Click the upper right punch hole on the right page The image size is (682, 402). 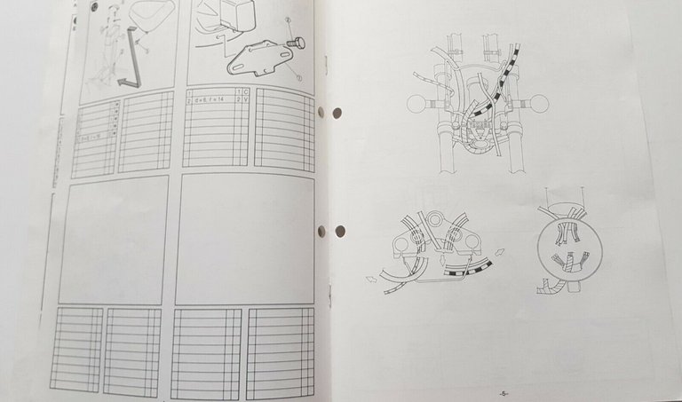click(337, 113)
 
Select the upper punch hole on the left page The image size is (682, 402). click(321, 113)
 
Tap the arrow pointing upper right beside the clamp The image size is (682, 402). click(502, 252)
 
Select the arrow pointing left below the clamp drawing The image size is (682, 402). click(370, 279)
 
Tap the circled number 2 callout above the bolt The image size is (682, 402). click(289, 20)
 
